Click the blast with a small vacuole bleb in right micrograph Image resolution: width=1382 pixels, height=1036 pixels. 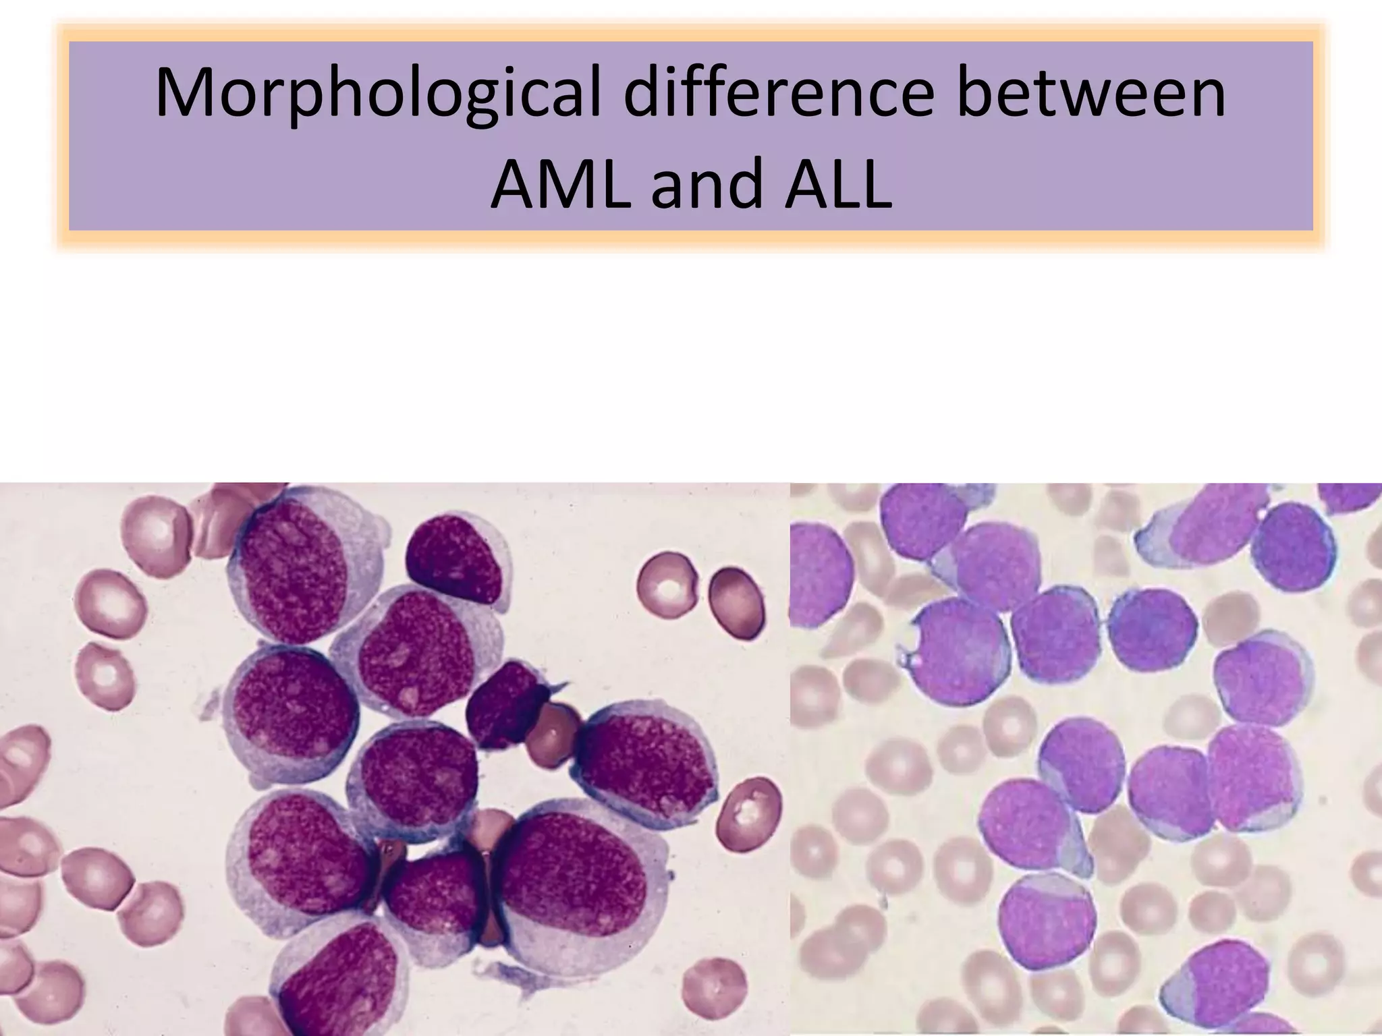pos(955,652)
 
